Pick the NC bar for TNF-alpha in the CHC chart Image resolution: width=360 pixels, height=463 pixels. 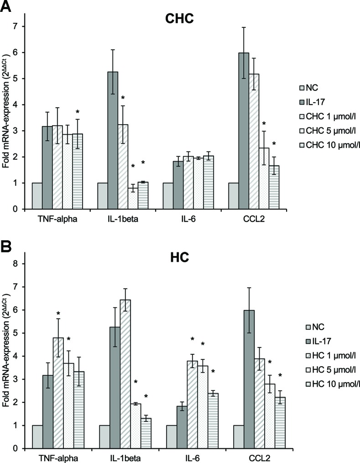pyautogui.click(x=37, y=196)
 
